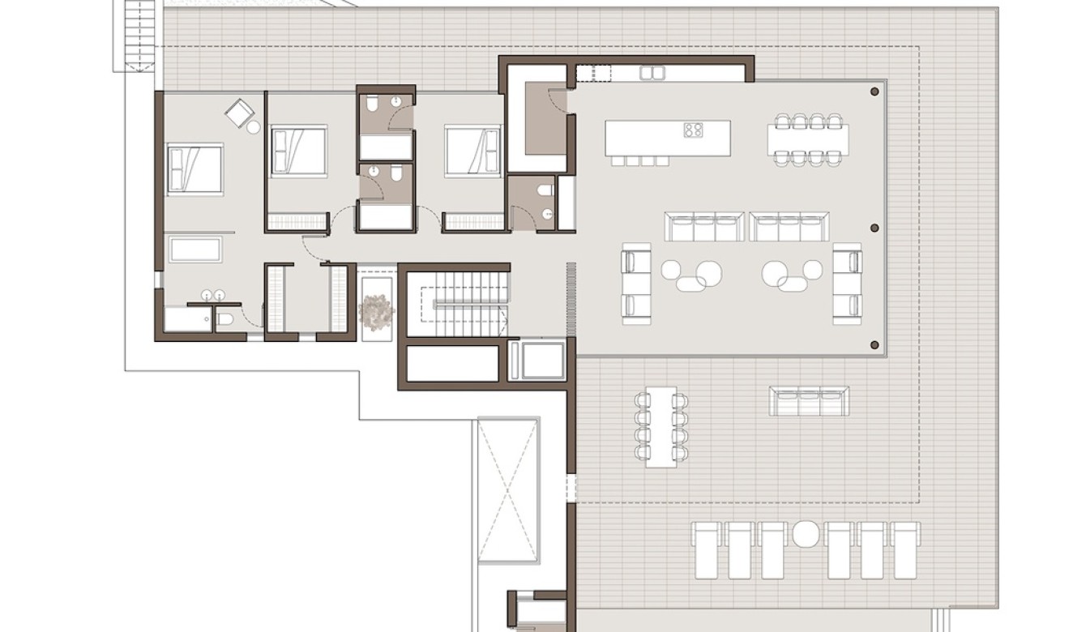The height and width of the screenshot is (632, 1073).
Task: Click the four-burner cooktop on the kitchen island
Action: coord(693,129)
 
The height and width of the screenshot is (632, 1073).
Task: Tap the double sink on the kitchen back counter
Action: coord(652,73)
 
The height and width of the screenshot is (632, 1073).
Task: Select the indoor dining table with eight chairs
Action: coord(808,139)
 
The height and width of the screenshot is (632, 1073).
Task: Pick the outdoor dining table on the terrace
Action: coord(661,426)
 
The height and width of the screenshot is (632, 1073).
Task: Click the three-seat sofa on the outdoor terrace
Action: coord(808,401)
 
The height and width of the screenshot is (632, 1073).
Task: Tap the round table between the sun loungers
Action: coord(806,534)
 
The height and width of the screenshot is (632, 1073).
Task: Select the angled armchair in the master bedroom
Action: coord(239,113)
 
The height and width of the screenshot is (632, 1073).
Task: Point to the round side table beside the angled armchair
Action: coord(254,127)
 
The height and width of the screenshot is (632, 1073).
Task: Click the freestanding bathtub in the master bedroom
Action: coord(195,249)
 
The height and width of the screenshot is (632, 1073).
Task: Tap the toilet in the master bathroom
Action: coord(224,319)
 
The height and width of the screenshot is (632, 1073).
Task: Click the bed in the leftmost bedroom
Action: coord(195,169)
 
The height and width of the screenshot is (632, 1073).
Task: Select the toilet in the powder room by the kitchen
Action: coord(545,190)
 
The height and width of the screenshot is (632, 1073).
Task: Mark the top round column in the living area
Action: coord(874,92)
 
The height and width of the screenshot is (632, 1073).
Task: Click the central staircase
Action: coord(458,304)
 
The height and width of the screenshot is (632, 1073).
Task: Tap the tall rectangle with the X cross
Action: coord(508,489)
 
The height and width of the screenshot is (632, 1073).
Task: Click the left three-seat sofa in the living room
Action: coord(703,227)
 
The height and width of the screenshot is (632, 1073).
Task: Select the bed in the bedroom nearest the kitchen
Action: coord(472,151)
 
